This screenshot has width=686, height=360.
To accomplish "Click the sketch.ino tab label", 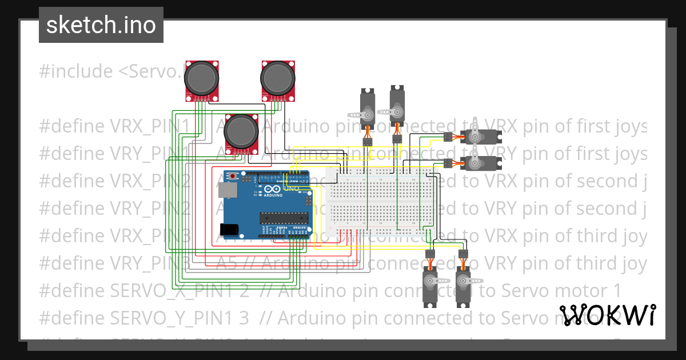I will point(101,25).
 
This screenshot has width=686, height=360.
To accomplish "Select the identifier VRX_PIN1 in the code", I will point(150,126).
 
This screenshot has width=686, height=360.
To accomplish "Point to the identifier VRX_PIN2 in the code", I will point(151,181).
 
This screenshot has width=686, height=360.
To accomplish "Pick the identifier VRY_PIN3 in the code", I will point(151,263).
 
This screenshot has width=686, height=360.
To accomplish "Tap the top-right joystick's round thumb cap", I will point(278,77).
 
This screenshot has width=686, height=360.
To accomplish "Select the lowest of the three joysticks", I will point(241,131).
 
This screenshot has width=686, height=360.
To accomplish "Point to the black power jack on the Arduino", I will point(229,229).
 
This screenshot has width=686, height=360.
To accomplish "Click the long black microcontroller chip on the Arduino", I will point(284,217).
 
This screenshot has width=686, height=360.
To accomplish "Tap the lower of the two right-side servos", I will point(480,163).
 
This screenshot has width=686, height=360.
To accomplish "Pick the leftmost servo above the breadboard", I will point(367,107).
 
